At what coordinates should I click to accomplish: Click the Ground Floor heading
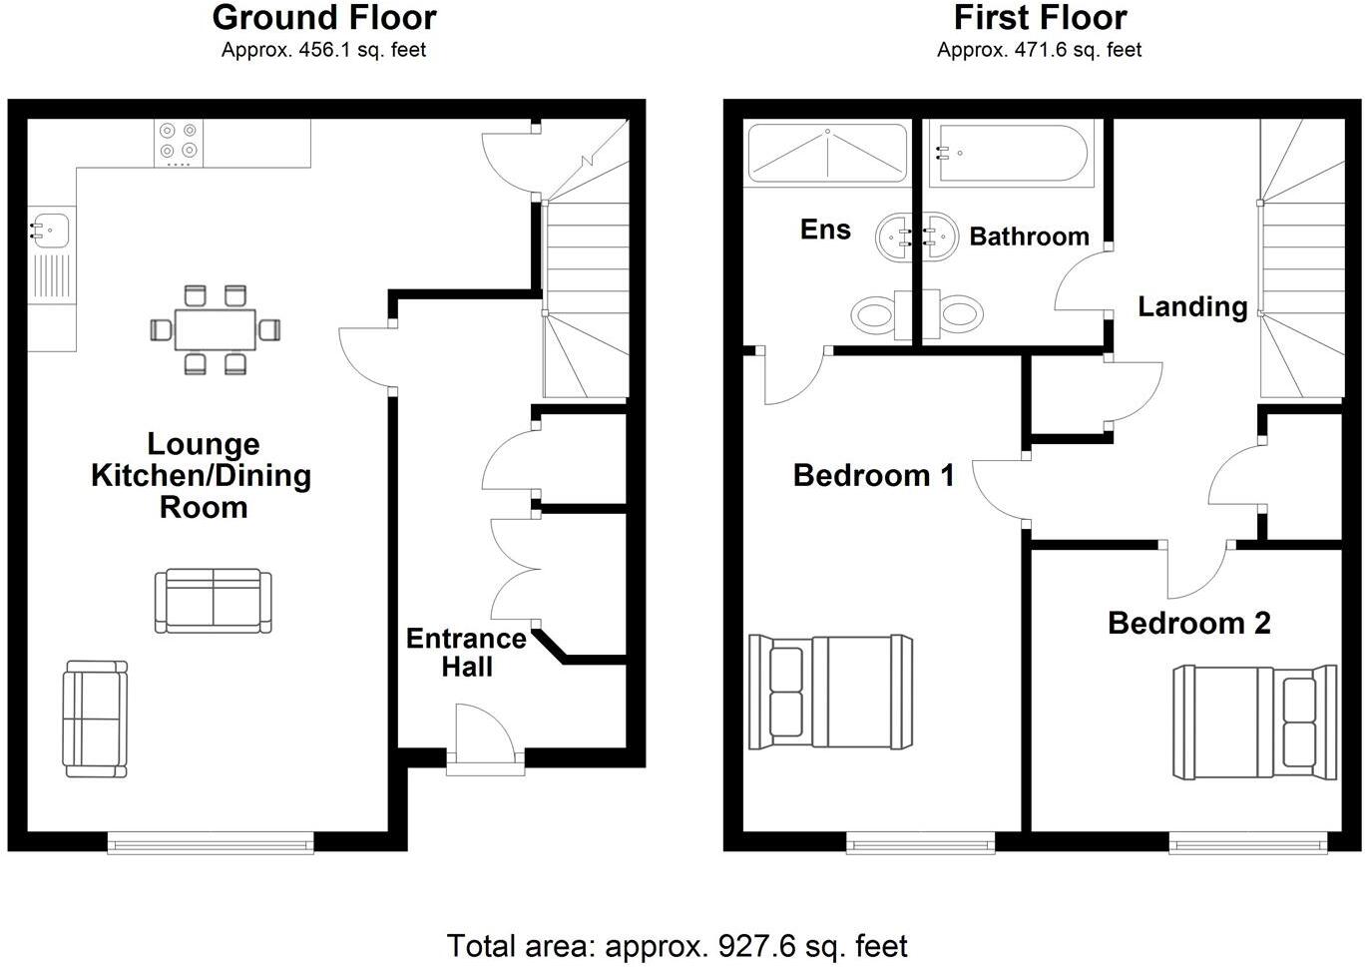[x=324, y=18]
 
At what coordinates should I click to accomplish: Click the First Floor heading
[x=1040, y=18]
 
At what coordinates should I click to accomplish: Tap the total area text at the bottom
[x=678, y=945]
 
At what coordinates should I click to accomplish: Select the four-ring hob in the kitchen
[x=179, y=143]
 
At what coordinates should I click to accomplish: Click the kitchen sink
[x=49, y=230]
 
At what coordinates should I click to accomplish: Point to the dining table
[x=215, y=328]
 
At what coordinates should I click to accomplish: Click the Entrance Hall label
[x=466, y=652]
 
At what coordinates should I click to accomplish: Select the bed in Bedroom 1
[x=830, y=692]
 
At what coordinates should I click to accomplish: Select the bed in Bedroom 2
[x=1254, y=723]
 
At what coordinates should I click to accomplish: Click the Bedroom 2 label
[x=1188, y=624]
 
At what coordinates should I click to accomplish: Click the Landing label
[x=1192, y=306]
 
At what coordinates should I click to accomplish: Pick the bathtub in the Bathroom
[x=1010, y=153]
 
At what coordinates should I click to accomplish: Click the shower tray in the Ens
[x=827, y=153]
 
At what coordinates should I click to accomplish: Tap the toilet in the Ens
[x=874, y=315]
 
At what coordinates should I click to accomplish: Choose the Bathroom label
[x=1029, y=237]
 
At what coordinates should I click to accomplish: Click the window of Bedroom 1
[x=920, y=843]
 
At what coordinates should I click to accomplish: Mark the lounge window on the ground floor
[x=211, y=844]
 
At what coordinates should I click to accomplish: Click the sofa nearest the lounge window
[x=95, y=719]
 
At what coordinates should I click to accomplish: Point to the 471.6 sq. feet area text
[x=1039, y=50]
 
